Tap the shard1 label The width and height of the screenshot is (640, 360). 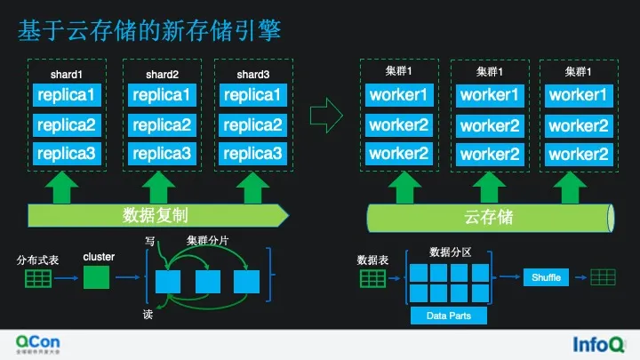67,74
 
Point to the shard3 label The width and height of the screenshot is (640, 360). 252,74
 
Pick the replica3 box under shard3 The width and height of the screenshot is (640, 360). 252,155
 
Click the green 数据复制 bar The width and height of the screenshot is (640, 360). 155,216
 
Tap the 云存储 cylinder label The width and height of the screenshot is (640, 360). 489,216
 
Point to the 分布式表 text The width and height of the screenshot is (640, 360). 36,261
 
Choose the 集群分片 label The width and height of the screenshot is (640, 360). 207,241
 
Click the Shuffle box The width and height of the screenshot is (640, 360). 547,278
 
